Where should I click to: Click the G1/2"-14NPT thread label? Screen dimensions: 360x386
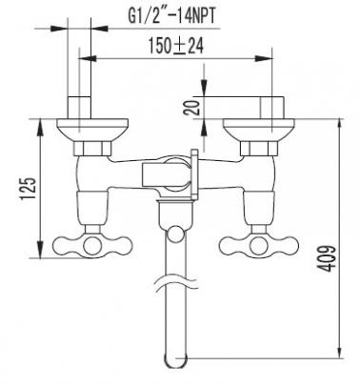tap(171, 16)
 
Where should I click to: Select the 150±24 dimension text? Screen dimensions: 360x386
tap(176, 46)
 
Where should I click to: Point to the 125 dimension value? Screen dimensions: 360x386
tap(28, 188)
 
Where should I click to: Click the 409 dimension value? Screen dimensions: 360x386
tap(327, 258)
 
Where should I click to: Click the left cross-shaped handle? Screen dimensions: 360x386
tap(92, 245)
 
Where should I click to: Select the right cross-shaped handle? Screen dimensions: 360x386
tap(259, 245)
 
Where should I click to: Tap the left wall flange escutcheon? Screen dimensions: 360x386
tap(92, 130)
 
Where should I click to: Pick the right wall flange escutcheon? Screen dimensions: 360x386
tap(259, 130)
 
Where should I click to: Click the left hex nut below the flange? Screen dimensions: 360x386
tap(92, 149)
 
